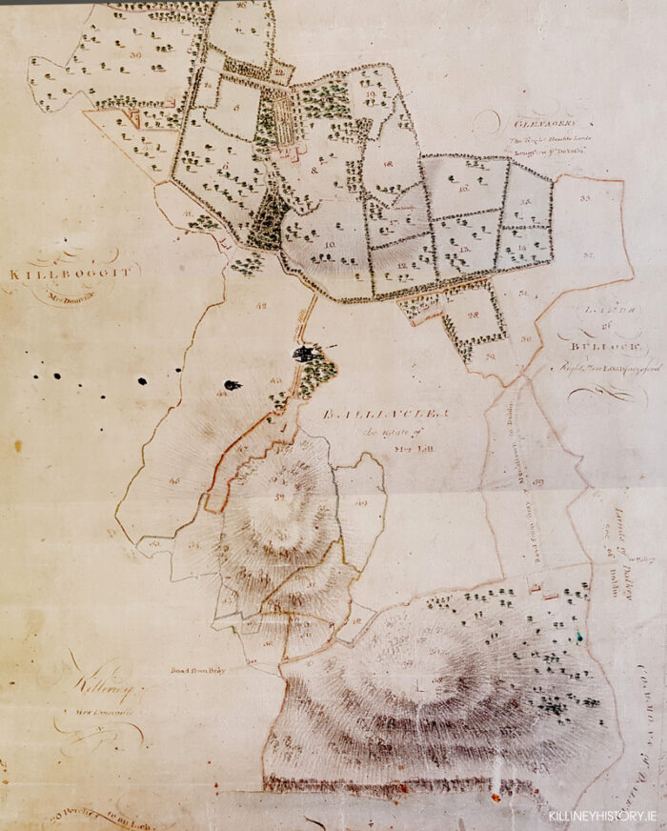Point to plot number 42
tap(262, 306)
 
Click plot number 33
tap(584, 197)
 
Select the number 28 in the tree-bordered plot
tap(473, 315)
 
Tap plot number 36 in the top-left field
tap(136, 55)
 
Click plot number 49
tap(361, 503)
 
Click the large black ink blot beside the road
tap(305, 355)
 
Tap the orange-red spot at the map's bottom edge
tap(495, 788)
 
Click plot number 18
tap(388, 164)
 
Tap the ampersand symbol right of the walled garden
tap(313, 170)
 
